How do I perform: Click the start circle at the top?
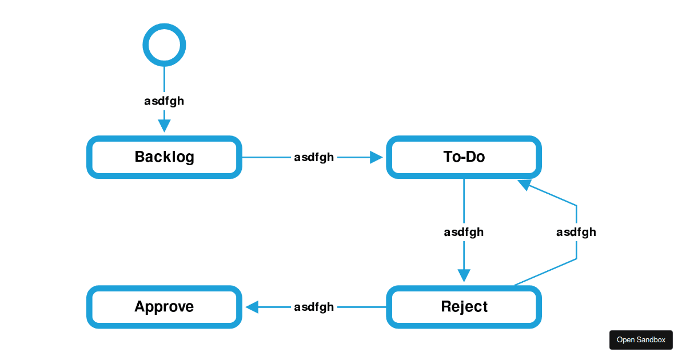click(x=164, y=25)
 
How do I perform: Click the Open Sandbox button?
click(x=641, y=340)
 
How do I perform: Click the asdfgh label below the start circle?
click(x=164, y=101)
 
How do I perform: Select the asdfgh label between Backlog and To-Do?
click(x=314, y=158)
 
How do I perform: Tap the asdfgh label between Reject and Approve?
click(x=314, y=307)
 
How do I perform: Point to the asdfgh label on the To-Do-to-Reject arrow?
click(x=464, y=233)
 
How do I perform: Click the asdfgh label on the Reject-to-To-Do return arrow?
click(x=576, y=233)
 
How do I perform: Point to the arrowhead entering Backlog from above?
click(x=164, y=126)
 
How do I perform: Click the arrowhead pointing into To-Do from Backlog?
click(x=376, y=157)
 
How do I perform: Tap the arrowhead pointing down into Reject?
click(x=464, y=275)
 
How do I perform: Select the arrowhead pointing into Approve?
click(x=252, y=307)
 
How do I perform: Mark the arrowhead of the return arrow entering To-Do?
click(x=524, y=185)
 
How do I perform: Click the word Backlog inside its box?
click(x=165, y=157)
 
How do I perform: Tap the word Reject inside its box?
click(x=464, y=307)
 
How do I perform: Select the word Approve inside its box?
click(x=164, y=307)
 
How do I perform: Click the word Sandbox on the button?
click(x=651, y=340)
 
